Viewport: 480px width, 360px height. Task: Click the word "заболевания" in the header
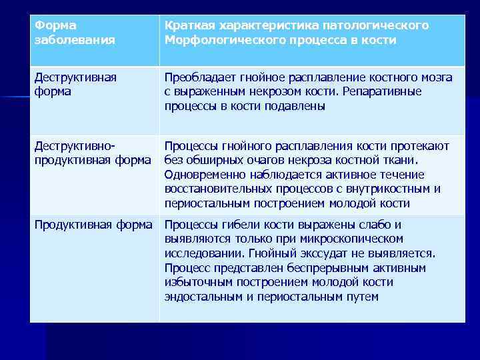coord(75,40)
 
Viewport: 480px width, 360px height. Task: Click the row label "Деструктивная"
coord(75,77)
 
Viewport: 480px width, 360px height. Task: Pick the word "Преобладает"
coord(200,77)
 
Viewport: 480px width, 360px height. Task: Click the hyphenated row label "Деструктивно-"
coord(75,146)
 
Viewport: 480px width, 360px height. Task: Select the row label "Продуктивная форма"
coord(93,225)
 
